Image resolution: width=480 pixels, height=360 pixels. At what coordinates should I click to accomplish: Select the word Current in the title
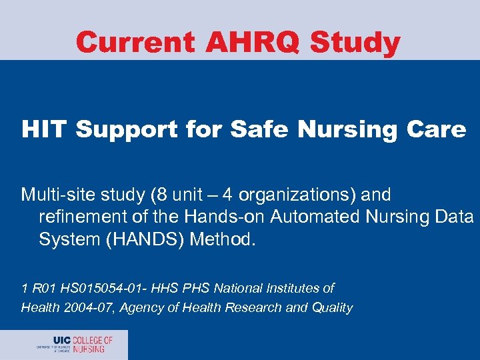click(x=135, y=43)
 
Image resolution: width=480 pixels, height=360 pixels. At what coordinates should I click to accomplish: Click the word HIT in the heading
click(x=45, y=129)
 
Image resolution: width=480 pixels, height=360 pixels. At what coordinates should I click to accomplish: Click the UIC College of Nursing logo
click(x=75, y=344)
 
